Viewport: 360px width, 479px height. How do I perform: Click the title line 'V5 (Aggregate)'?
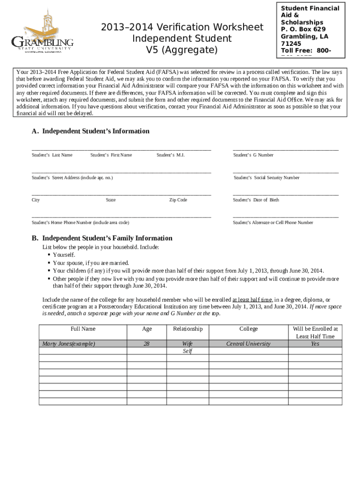(182, 49)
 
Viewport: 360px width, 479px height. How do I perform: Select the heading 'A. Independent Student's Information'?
(90, 131)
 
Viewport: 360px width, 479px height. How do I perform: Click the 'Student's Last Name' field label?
(52, 155)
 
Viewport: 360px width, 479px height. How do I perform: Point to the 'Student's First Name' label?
(111, 155)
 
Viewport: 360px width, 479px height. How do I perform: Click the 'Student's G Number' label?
(253, 155)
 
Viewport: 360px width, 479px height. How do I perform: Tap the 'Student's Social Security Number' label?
(266, 178)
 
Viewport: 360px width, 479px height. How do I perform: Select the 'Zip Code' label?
(178, 200)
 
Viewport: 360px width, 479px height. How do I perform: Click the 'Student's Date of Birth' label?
(256, 200)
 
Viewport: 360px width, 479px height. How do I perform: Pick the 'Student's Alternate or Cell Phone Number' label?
(273, 223)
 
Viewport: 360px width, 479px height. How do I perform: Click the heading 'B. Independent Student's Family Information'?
(102, 238)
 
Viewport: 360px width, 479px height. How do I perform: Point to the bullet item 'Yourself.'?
(64, 254)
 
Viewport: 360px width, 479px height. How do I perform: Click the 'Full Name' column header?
(83, 329)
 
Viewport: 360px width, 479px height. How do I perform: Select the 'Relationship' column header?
(187, 329)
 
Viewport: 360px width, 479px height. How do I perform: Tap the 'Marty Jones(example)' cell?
(69, 344)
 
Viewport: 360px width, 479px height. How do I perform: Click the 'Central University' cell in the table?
(248, 344)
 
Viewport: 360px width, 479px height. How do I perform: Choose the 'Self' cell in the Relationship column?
(187, 351)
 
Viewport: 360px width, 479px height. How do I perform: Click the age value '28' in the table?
(147, 344)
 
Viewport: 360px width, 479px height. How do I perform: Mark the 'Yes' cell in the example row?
(315, 344)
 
